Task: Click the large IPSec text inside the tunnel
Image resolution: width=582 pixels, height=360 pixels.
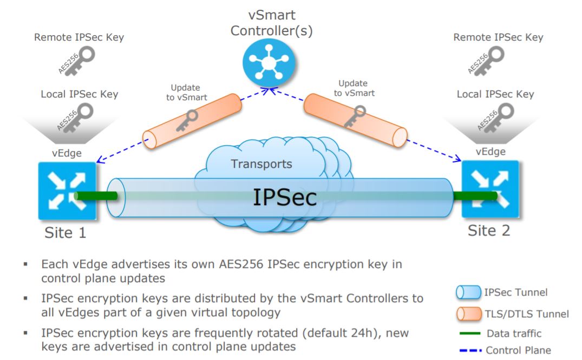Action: tap(285, 198)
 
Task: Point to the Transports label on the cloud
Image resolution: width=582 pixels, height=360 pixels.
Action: tap(261, 164)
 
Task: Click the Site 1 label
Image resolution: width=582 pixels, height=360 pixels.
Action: tap(65, 232)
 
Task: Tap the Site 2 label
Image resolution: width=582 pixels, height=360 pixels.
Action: tap(489, 231)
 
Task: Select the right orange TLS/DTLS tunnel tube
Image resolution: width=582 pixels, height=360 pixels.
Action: tap(355, 120)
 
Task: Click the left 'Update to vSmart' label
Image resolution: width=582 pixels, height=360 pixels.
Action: tap(185, 93)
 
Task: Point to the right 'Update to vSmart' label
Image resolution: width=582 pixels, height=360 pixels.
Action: tap(354, 88)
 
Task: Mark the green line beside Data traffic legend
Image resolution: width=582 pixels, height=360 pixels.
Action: tap(467, 333)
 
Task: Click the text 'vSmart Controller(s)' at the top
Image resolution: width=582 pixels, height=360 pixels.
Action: tap(271, 23)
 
